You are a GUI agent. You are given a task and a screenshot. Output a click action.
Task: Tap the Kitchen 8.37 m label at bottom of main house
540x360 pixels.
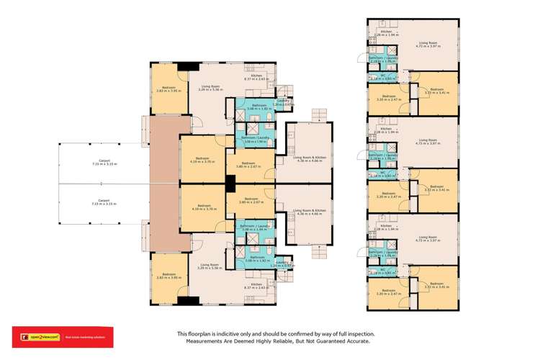(257, 286)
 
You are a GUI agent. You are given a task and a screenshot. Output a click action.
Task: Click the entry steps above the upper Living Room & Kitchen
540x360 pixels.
(318, 116)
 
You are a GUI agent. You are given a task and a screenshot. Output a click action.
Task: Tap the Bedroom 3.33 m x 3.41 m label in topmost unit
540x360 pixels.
(432, 91)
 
